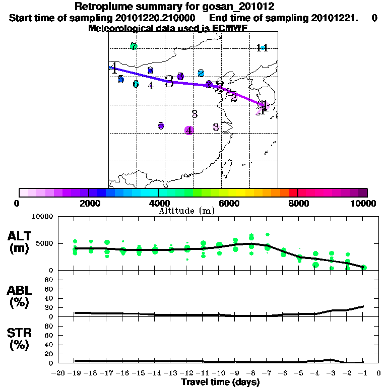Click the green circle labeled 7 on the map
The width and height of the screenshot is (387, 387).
pos(134,47)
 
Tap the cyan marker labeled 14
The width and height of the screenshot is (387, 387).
pos(262,48)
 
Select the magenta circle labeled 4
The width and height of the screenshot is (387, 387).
pos(189,130)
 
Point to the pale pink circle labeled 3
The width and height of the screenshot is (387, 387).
pos(216,127)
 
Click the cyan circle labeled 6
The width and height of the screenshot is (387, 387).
pos(136,84)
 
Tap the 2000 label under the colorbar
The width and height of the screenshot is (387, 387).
pos(89,204)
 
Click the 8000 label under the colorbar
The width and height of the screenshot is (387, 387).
pos(298,204)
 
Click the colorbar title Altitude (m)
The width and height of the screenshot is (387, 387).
pos(186,211)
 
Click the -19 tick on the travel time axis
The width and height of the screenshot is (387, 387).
pos(75,373)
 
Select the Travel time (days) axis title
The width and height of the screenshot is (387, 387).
pos(220,382)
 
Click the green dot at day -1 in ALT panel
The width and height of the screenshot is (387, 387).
pos(364,268)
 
